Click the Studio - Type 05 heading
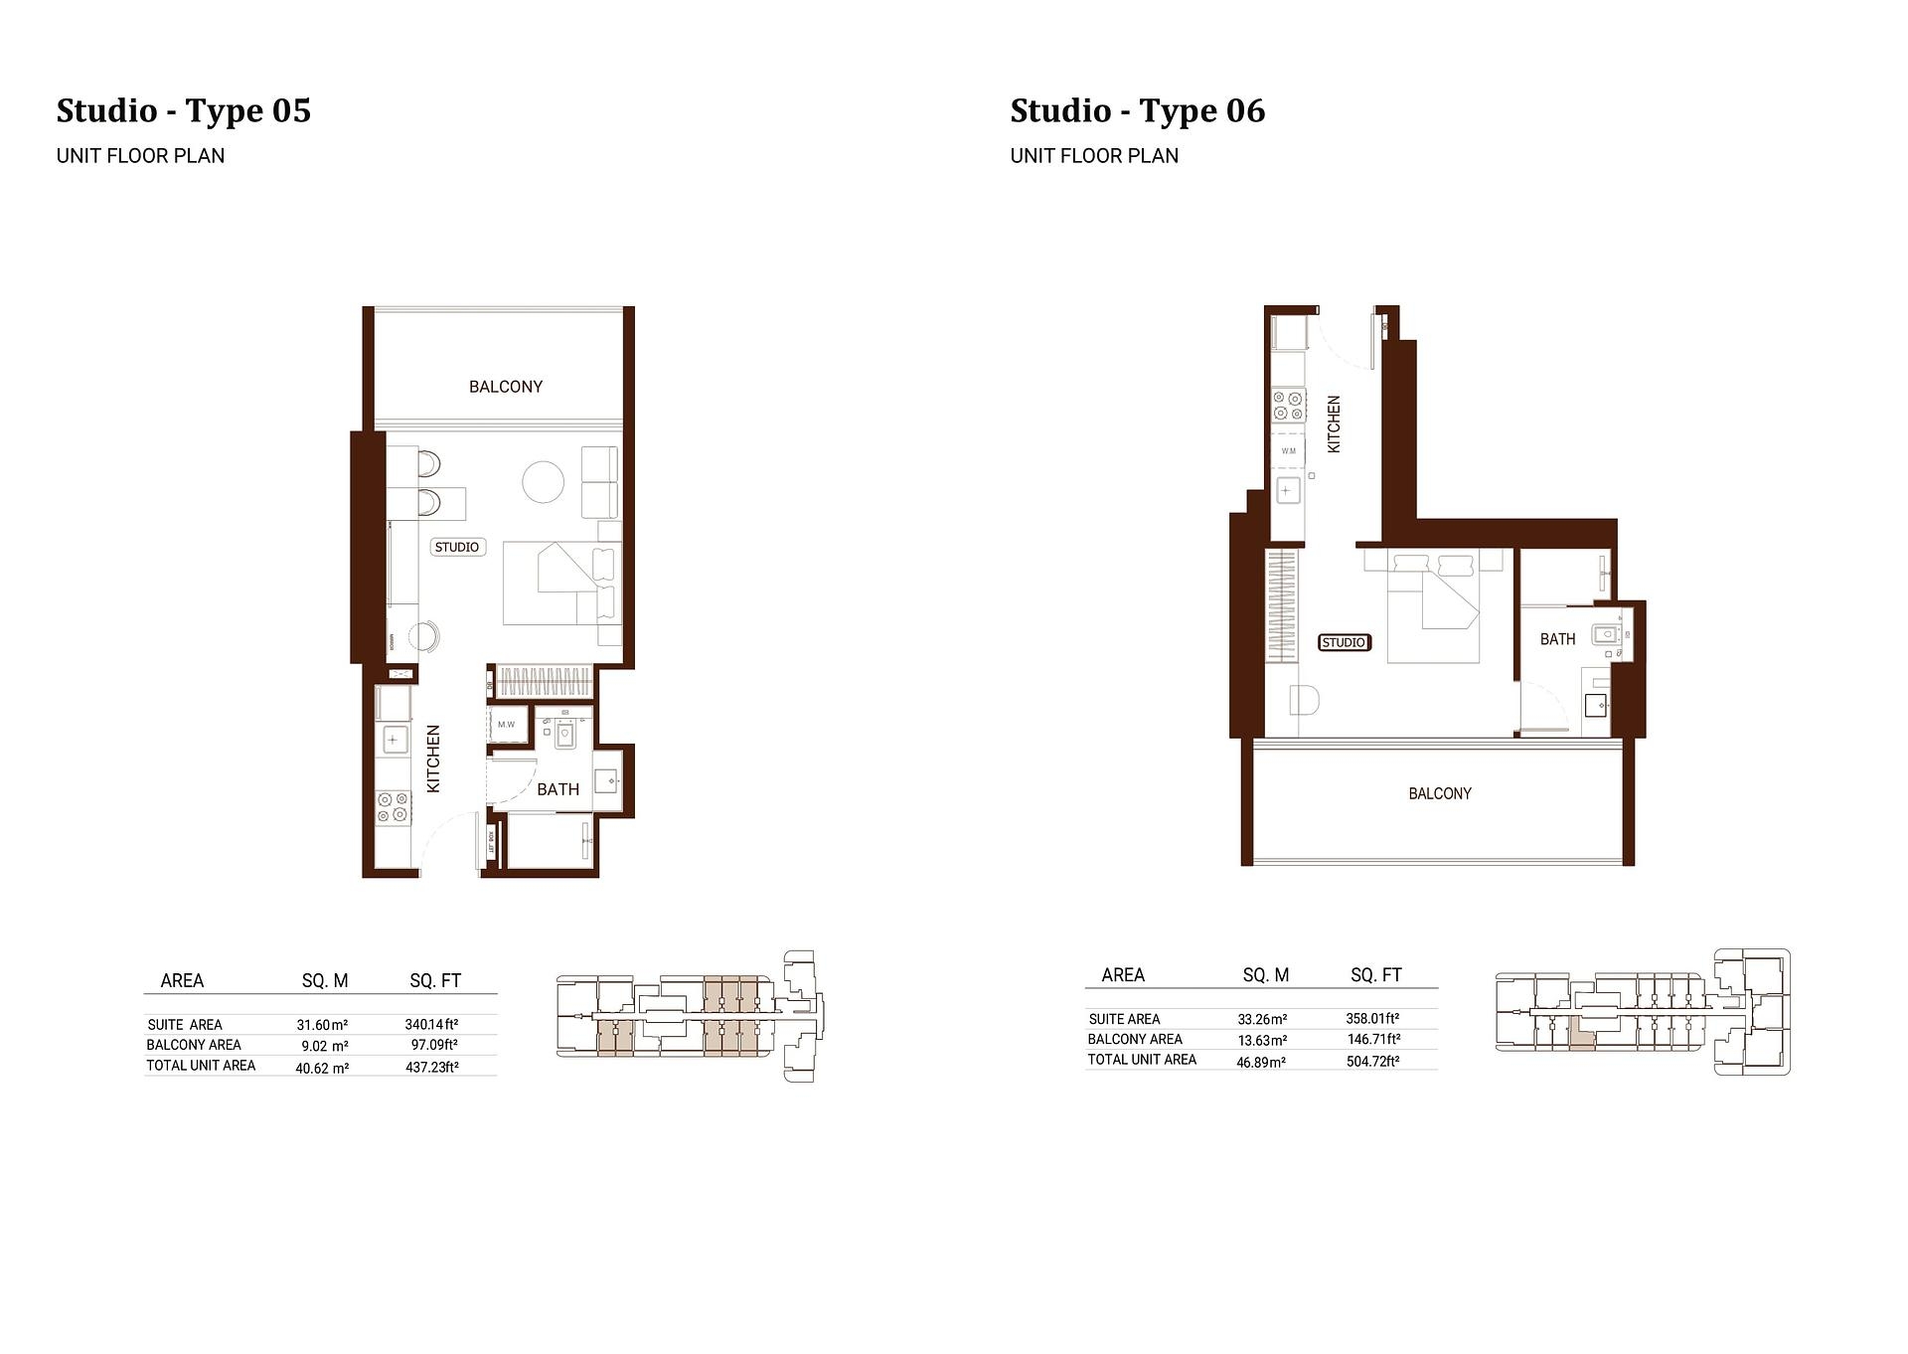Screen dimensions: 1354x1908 coord(184,110)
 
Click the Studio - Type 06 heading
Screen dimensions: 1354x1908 coord(1137,110)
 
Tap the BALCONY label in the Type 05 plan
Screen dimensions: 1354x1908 coord(506,387)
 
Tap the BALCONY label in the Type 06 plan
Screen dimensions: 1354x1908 coord(1439,793)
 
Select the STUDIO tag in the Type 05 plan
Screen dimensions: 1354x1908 coord(457,547)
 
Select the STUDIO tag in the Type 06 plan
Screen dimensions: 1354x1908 coord(1344,642)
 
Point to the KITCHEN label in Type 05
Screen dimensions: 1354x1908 coord(433,759)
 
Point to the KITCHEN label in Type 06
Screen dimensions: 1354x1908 coord(1334,424)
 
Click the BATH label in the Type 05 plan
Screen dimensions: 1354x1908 coord(557,789)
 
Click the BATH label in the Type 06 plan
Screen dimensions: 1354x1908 coord(1557,639)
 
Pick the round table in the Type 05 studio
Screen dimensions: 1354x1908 coord(544,482)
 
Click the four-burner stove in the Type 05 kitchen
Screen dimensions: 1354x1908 coord(393,806)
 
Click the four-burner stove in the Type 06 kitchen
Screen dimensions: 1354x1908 coord(1289,406)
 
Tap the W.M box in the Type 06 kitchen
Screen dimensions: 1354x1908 coord(1288,451)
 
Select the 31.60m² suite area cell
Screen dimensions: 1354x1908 coord(322,1025)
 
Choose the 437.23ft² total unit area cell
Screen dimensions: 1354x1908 coord(431,1067)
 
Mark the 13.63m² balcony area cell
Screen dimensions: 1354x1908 coord(1261,1040)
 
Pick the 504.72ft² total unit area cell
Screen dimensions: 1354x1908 coord(1372,1061)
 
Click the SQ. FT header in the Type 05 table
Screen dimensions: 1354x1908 coord(435,981)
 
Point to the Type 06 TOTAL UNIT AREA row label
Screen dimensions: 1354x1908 coord(1142,1060)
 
